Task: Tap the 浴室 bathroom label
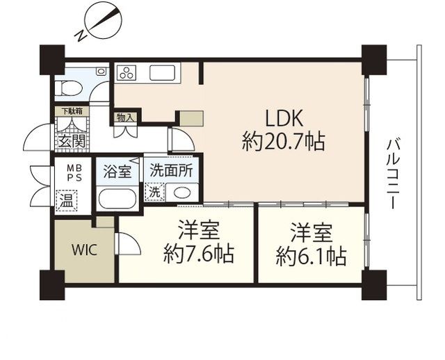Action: pyautogui.click(x=117, y=172)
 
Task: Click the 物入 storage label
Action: pyautogui.click(x=125, y=117)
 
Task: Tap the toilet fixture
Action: pyautogui.click(x=68, y=87)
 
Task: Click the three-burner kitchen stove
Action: pyautogui.click(x=129, y=73)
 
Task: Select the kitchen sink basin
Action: pyautogui.click(x=165, y=73)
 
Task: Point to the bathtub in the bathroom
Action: pyautogui.click(x=120, y=199)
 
